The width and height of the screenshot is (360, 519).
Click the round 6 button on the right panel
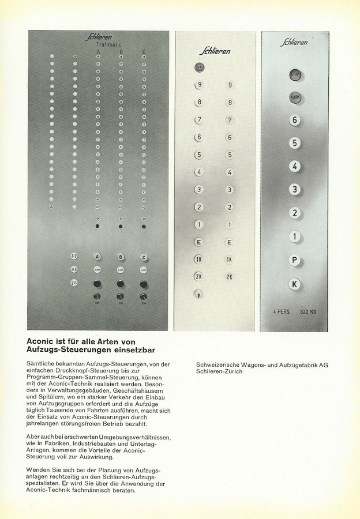tap(295, 120)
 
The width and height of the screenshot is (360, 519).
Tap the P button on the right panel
tap(295, 260)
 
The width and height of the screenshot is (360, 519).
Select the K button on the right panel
tap(295, 283)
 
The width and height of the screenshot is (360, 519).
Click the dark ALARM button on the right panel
tap(295, 97)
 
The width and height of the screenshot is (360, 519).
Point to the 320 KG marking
tap(311, 312)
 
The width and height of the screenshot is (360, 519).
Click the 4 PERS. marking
tap(283, 312)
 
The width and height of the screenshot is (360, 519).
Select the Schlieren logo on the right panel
tap(295, 42)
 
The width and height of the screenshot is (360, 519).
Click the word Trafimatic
tap(112, 44)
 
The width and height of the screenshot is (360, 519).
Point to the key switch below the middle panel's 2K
tap(198, 294)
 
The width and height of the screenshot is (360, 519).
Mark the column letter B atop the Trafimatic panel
tap(121, 52)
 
